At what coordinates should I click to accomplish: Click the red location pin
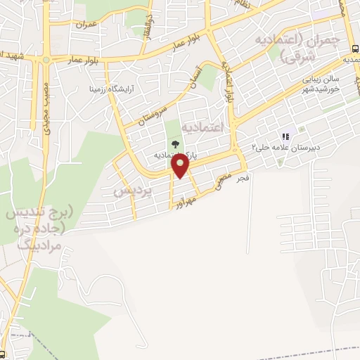181,166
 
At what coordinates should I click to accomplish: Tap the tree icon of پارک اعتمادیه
175,144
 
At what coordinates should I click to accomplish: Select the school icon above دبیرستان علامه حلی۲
285,137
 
